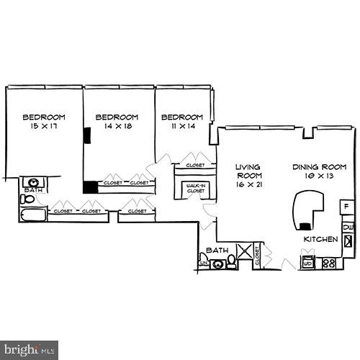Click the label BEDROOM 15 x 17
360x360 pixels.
pyautogui.click(x=44, y=122)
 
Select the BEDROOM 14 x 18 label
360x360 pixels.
pyautogui.click(x=117, y=122)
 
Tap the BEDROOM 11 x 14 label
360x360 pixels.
pyautogui.click(x=181, y=122)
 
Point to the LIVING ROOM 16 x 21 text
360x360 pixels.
pyautogui.click(x=249, y=175)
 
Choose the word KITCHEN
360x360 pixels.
pyautogui.click(x=320, y=240)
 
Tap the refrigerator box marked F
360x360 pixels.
pyautogui.click(x=346, y=207)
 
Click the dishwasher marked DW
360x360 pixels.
pyautogui.click(x=348, y=228)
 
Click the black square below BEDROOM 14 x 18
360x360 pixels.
pyautogui.click(x=89, y=187)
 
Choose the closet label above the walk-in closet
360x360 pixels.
pyautogui.click(x=195, y=166)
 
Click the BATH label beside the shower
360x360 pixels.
pyautogui.click(x=217, y=251)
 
